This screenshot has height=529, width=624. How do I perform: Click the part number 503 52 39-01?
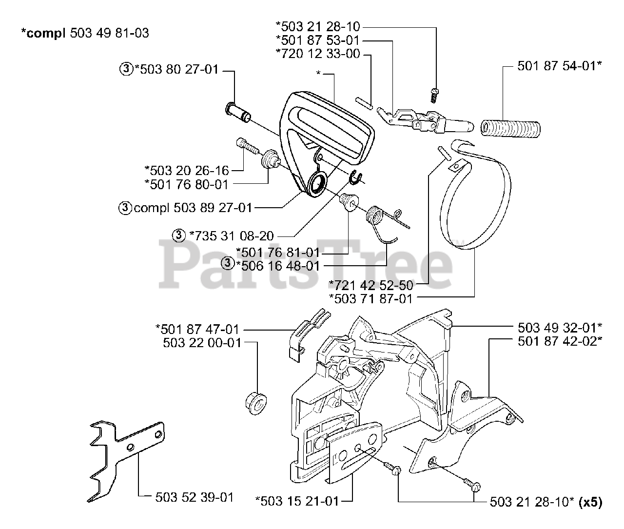tap(195, 497)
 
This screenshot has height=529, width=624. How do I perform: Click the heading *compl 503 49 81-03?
tap(85, 33)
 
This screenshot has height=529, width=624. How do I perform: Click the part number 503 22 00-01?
tap(202, 343)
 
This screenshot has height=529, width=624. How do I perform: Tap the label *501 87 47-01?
tap(197, 329)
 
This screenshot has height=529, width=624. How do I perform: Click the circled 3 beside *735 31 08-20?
tap(179, 236)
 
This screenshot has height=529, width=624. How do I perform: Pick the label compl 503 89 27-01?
tap(193, 208)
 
